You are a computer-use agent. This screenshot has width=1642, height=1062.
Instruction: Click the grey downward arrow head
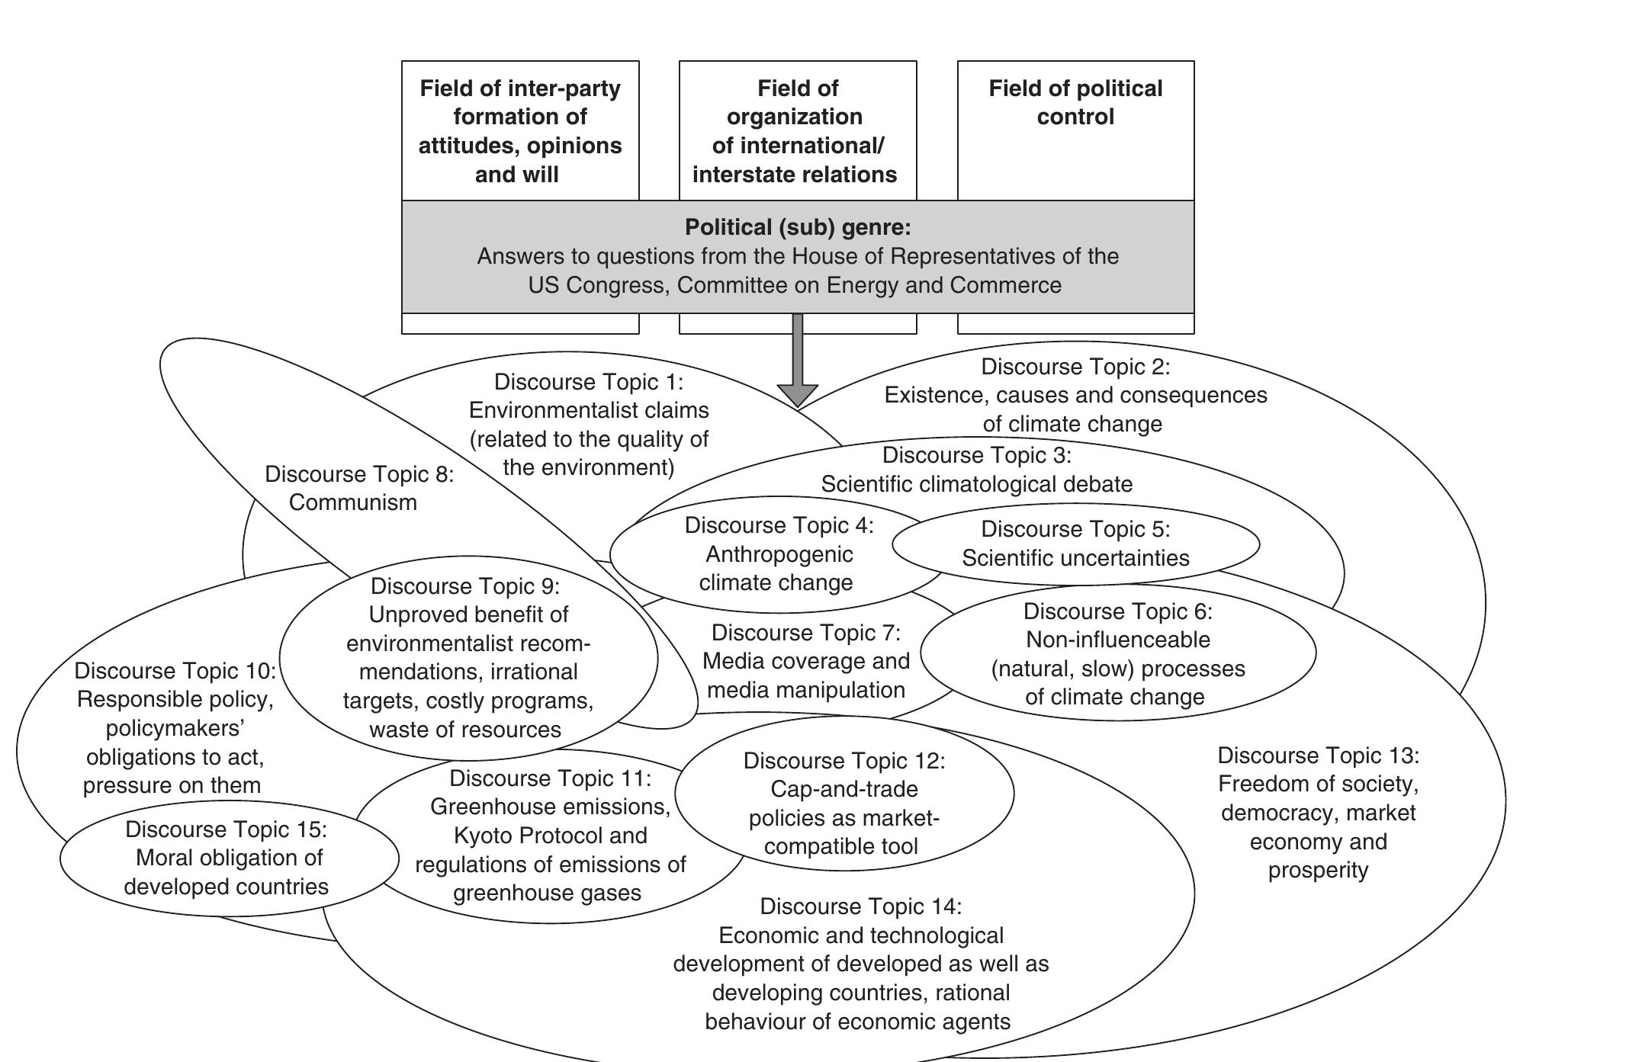(798, 393)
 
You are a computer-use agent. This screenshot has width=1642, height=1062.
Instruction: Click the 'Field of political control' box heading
(1075, 102)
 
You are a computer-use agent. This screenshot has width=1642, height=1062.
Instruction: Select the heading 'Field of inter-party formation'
(520, 102)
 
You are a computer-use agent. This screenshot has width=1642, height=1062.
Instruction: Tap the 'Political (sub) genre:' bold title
(798, 227)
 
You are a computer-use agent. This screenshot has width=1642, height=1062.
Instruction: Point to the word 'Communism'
(353, 502)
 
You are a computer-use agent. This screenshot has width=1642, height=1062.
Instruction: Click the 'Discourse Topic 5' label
(1075, 529)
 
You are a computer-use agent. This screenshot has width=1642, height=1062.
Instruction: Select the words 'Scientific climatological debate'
(977, 484)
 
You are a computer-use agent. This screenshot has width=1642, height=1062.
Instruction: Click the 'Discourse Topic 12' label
(843, 761)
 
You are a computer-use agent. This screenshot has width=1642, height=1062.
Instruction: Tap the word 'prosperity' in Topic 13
(1318, 870)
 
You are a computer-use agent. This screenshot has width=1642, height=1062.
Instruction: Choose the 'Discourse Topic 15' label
(226, 829)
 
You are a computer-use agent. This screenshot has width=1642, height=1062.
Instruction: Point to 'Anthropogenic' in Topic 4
(779, 554)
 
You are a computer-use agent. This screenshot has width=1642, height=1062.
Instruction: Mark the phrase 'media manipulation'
(806, 690)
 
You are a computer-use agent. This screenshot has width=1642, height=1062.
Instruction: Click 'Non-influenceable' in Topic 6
(1118, 640)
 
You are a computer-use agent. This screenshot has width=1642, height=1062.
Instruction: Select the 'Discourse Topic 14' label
(861, 906)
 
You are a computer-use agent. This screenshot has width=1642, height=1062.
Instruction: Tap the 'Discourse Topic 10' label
(175, 671)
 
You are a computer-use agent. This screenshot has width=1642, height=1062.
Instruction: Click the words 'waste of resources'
(465, 730)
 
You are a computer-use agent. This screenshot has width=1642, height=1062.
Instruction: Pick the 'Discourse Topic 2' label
(1075, 367)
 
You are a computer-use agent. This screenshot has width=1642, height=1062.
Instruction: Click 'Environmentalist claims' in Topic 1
(589, 410)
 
